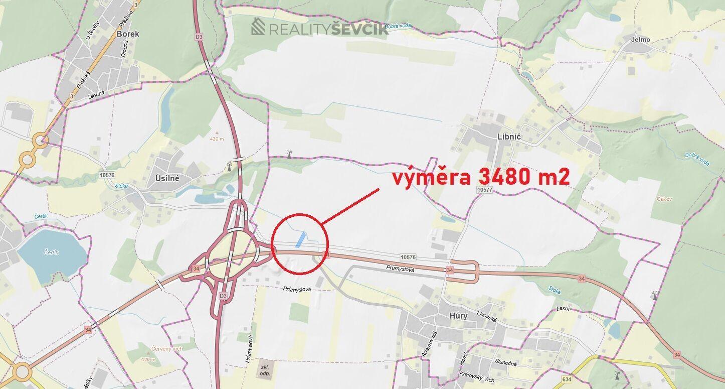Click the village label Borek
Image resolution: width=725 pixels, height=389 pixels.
(127, 34)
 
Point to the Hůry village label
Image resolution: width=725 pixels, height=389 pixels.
(458, 316)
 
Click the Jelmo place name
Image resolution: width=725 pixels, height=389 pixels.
(641, 40)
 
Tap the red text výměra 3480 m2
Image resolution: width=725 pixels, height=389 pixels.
(480, 177)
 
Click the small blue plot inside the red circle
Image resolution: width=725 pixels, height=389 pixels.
(300, 239)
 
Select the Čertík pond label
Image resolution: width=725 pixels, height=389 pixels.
(51, 252)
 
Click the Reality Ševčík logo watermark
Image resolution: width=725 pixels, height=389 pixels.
(320, 28)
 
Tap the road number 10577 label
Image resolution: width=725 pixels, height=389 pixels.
(485, 190)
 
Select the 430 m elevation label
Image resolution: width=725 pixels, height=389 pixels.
(217, 139)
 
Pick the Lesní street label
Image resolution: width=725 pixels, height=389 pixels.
(563, 308)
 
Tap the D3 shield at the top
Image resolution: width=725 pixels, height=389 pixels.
(200, 37)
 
